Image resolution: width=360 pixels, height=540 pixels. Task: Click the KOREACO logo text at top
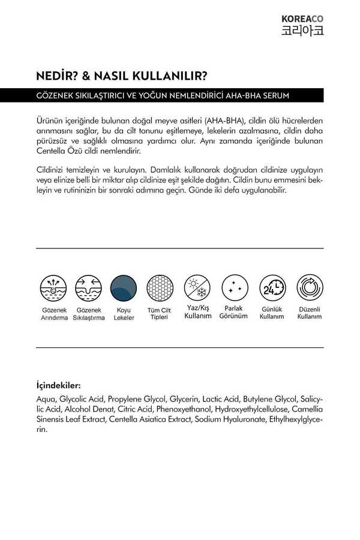[x=302, y=19]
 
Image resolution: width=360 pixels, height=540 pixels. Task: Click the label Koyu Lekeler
[x=124, y=314]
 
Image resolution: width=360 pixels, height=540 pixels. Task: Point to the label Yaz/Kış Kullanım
[x=198, y=311]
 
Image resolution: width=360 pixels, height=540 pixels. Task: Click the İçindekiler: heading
[x=58, y=385]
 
